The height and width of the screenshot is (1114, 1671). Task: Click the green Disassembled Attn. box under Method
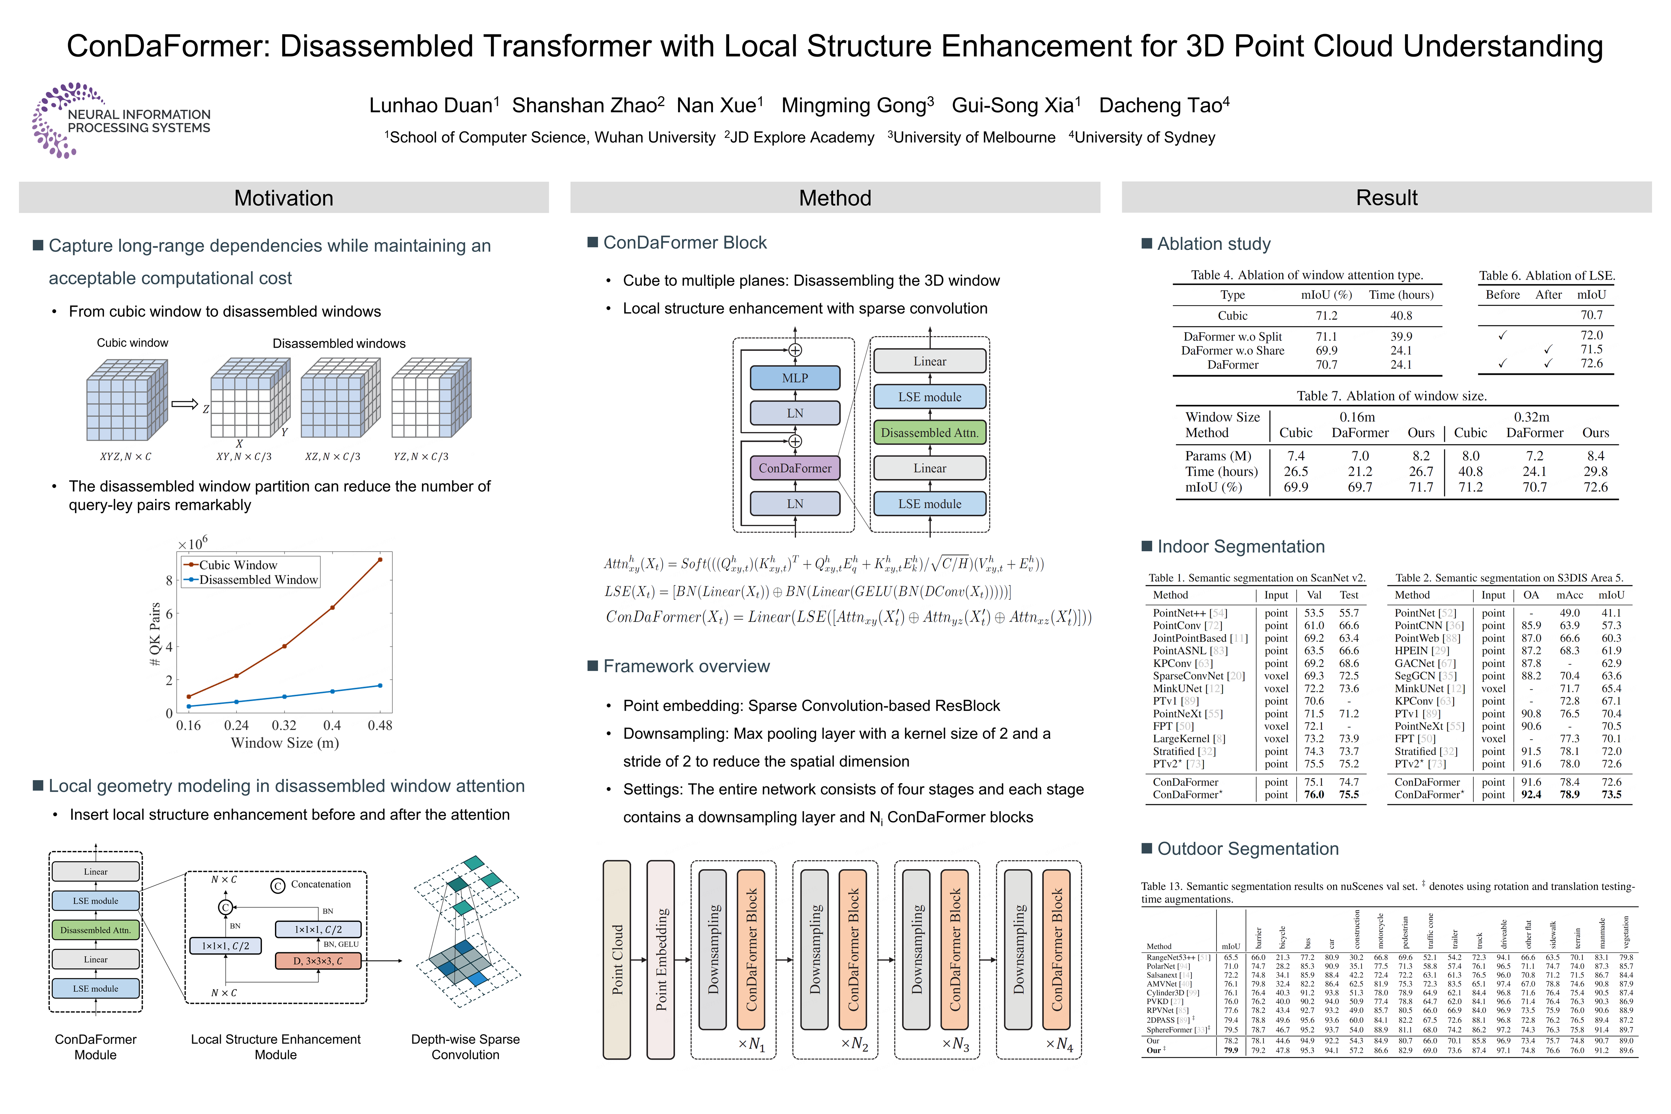click(x=929, y=433)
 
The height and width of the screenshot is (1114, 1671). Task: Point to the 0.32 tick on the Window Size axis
click(x=284, y=725)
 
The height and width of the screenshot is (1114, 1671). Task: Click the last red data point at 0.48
click(x=380, y=560)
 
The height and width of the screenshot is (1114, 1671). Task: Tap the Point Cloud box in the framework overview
click(x=617, y=959)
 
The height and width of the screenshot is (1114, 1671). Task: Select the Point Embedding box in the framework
click(x=661, y=959)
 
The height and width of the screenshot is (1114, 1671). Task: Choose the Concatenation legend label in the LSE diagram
click(x=320, y=885)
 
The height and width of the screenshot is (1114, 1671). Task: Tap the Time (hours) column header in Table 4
click(x=1401, y=295)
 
